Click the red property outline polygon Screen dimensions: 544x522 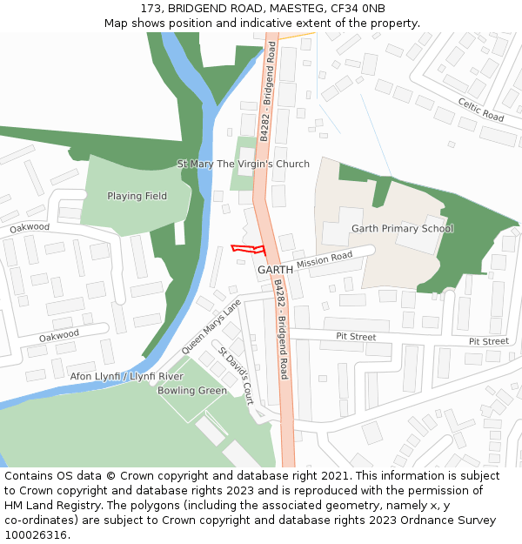tap(247, 249)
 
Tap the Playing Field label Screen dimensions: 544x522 tap(137, 196)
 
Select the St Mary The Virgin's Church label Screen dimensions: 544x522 tap(244, 164)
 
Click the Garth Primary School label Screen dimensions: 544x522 tap(402, 228)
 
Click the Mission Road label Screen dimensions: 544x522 tap(325, 259)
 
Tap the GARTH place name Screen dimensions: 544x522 tap(275, 270)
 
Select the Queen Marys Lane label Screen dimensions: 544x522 tap(211, 326)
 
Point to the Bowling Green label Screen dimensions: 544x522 tap(192, 391)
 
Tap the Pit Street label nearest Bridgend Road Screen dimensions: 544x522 tap(356, 336)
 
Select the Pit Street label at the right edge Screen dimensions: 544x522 tap(488, 341)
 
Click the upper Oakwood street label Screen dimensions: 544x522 tap(30, 227)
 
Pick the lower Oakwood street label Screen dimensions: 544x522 tap(59, 335)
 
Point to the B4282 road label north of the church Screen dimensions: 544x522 tap(270, 83)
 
